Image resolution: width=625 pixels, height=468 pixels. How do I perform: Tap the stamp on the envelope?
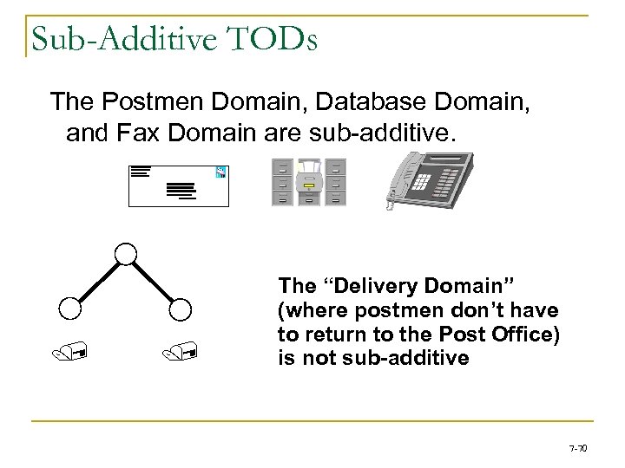[x=220, y=172]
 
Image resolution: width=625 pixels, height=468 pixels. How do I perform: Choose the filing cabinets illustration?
[x=308, y=182]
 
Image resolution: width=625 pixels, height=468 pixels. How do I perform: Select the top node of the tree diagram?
[x=127, y=253]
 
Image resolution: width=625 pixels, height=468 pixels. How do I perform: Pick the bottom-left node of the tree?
[x=71, y=308]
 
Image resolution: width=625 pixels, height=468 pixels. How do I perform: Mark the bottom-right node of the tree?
[x=181, y=308]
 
